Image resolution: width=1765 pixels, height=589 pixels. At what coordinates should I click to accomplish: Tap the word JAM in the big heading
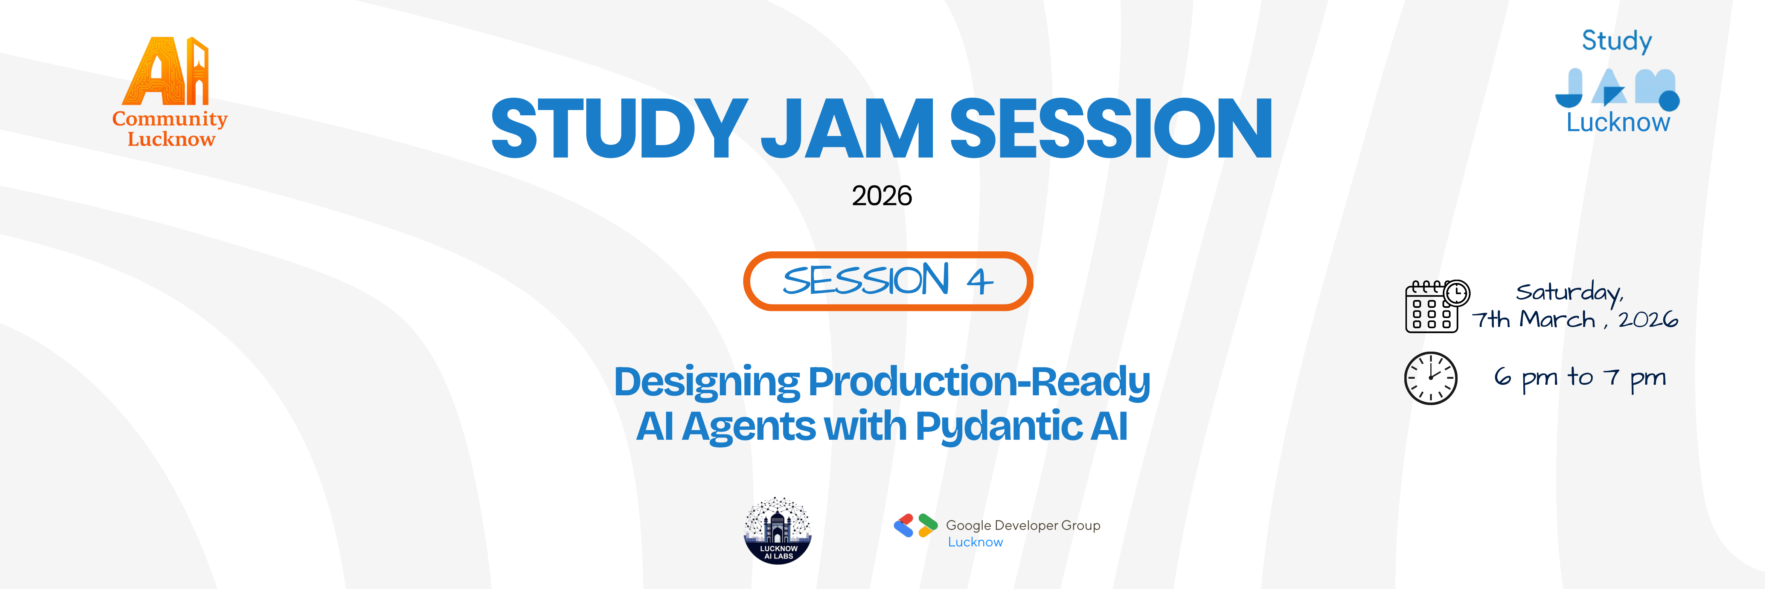pos(847,128)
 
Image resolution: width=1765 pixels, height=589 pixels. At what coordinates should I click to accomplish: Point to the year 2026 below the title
pos(882,196)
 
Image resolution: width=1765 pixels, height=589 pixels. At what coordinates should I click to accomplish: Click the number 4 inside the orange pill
pos(980,281)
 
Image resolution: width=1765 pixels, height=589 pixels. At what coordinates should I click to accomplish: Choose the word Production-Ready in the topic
pos(979,381)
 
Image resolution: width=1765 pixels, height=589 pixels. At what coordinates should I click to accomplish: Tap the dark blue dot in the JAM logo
pos(1669,101)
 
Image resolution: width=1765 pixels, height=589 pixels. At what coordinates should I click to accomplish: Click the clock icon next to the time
pos(1431,378)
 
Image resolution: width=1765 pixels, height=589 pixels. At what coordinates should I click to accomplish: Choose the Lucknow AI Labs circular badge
pos(778,531)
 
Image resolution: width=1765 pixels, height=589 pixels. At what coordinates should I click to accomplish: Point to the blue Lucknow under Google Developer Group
pos(975,542)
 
